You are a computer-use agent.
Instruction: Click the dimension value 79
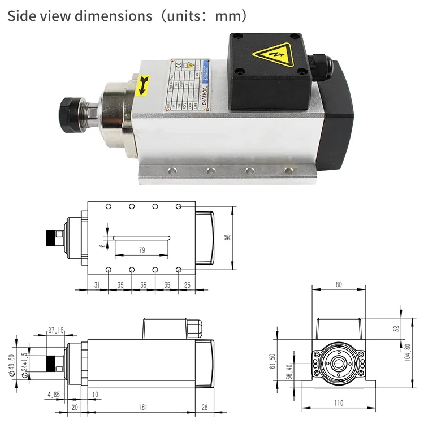[141, 250]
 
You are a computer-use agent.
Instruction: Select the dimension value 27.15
[55, 330]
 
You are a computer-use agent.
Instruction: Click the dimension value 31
[97, 285]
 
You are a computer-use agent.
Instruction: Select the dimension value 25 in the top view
[188, 285]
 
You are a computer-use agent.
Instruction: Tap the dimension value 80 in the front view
[339, 285]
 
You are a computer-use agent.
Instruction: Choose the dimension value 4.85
[54, 393]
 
